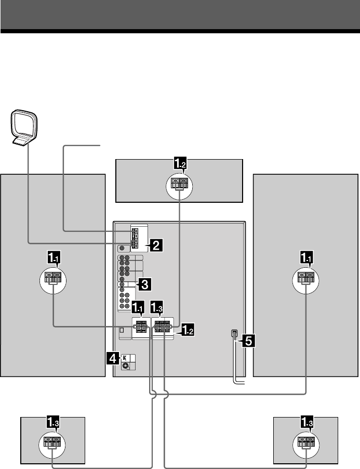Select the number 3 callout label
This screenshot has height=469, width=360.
point(144,284)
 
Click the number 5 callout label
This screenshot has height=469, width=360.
point(246,341)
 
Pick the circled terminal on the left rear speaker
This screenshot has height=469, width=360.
point(52,444)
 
